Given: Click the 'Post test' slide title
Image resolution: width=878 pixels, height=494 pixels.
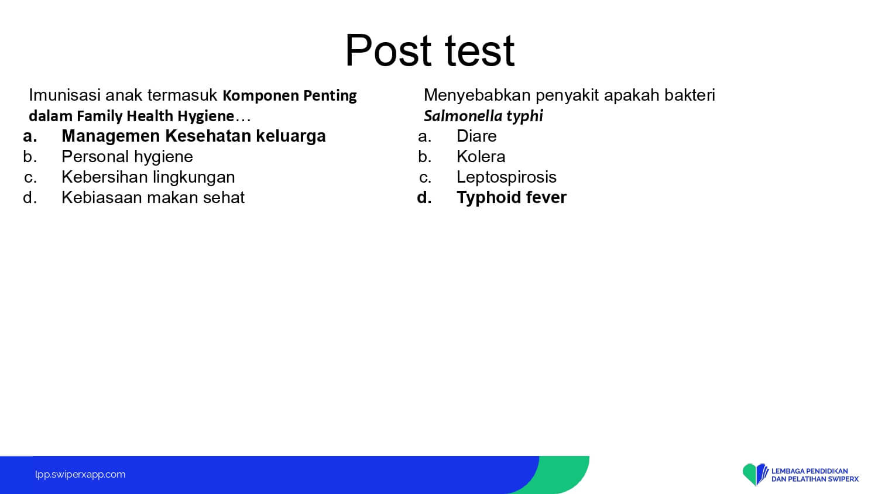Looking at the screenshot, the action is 430,50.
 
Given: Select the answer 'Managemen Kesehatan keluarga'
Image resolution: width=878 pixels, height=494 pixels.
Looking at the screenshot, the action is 194,136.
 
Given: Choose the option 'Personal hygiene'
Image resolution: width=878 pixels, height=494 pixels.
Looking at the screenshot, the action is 127,157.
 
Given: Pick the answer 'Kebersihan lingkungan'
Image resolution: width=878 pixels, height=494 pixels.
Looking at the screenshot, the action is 148,177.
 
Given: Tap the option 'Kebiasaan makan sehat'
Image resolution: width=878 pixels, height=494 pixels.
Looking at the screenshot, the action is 153,197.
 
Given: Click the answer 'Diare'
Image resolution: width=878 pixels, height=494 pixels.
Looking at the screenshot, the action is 476,136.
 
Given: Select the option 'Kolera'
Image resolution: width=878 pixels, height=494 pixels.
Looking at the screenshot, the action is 481,156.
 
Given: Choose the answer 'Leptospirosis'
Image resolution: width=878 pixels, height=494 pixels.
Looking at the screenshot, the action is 506,177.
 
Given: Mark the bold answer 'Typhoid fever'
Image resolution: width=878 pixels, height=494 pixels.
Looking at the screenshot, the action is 512,197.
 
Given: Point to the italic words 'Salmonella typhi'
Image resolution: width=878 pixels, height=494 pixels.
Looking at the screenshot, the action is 483,116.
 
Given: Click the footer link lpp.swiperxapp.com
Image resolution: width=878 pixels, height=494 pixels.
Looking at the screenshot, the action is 80,475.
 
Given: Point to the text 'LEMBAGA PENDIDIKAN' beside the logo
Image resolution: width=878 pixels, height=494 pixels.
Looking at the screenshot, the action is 810,471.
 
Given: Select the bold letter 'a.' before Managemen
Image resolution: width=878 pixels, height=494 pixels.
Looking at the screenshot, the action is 30,136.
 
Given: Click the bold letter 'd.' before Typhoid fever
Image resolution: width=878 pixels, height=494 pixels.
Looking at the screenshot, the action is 424,197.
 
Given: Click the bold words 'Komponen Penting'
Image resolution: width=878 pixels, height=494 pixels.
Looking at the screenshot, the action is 290,95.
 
